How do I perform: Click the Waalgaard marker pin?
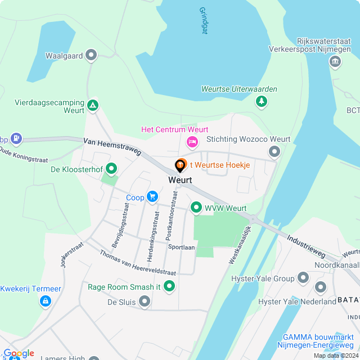tap(92, 55)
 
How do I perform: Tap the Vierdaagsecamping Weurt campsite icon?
tap(93, 105)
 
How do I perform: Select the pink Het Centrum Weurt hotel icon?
tap(192, 141)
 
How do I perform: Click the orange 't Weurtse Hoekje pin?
tap(181, 165)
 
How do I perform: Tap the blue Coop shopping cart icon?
tap(152, 196)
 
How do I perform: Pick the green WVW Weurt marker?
tap(196, 208)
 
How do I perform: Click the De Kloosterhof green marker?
tap(111, 168)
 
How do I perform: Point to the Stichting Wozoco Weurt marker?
tap(274, 151)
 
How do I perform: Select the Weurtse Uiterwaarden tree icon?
tap(261, 101)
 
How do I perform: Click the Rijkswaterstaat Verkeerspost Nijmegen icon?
tap(335, 62)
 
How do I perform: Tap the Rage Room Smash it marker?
tap(169, 287)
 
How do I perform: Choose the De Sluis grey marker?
tap(145, 302)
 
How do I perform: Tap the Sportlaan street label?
tap(181, 247)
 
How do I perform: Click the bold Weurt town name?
tap(180, 180)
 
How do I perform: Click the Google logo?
tap(19, 353)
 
